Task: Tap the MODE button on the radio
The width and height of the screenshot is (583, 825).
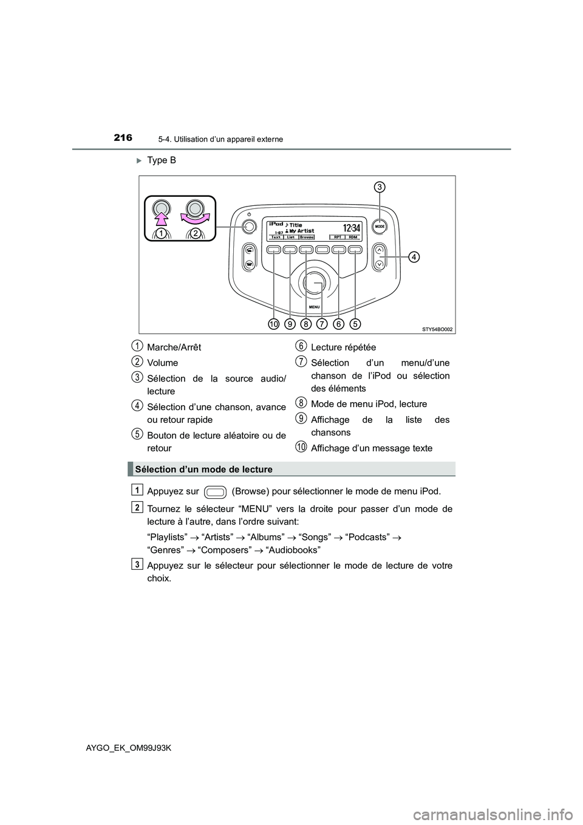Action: coord(380,226)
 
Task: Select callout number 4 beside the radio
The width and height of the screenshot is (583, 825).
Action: coord(413,257)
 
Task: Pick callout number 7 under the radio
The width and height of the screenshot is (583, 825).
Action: coord(322,324)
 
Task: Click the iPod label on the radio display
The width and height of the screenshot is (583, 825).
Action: coord(275,224)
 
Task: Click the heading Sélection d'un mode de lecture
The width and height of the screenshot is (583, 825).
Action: coord(204,469)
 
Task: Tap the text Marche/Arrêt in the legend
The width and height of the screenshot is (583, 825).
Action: coord(174,347)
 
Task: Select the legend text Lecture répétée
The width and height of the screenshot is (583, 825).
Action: coord(343,347)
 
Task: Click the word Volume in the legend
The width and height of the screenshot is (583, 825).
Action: coord(162,363)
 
